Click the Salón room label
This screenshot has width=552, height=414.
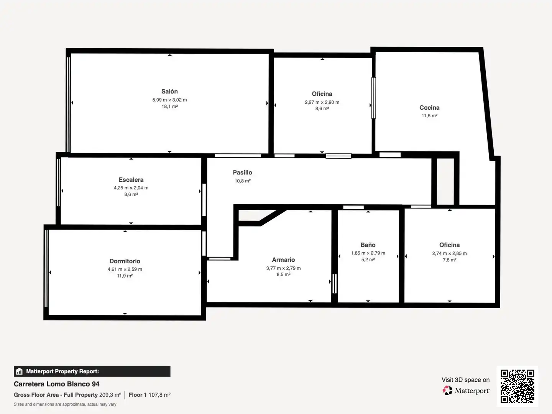pos(169,92)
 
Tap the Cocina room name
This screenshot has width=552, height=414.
pos(429,108)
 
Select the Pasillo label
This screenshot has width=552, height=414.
pos(242,172)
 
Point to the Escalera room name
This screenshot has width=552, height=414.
pos(131,180)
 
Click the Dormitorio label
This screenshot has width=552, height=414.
pos(125,261)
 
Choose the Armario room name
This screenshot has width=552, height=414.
pos(283,260)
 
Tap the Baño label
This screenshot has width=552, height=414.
pos(368,245)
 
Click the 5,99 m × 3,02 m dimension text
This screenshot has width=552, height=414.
pos(169,100)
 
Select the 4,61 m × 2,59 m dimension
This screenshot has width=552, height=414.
pos(125,269)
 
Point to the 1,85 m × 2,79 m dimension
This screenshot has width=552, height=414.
pos(368,253)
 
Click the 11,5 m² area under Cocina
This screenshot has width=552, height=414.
pos(429,116)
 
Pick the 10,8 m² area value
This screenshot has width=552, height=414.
pos(242,181)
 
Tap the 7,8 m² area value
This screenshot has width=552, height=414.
pos(449,260)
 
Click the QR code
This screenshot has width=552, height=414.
pos(517,386)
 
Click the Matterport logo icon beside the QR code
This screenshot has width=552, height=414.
pos(447,390)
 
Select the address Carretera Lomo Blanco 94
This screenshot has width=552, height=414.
pos(57,384)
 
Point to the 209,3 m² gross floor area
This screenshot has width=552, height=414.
pos(110,395)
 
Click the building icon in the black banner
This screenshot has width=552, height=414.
pos(20,371)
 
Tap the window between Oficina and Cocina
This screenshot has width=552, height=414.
pos(373,98)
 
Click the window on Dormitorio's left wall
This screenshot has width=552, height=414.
pos(46,268)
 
